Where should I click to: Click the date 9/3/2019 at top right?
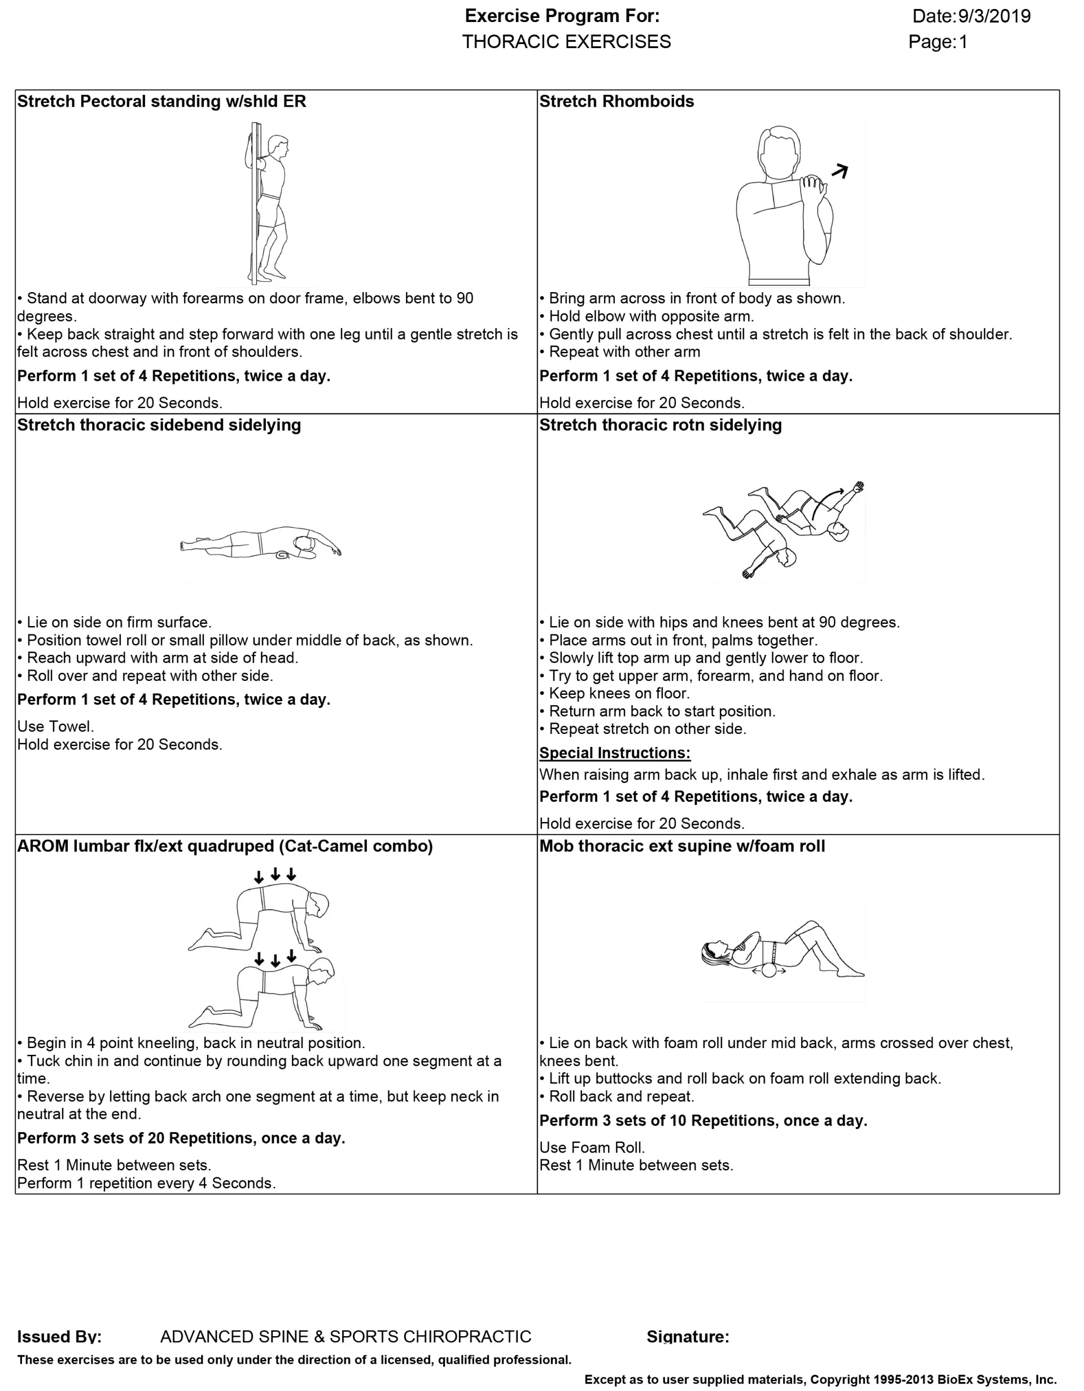(x=994, y=16)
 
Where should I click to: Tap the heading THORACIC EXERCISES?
(x=566, y=42)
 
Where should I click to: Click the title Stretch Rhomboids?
(x=616, y=101)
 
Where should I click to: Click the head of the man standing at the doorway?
(x=278, y=146)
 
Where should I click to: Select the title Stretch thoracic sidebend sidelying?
(x=159, y=425)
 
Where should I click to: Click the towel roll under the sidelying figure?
(x=282, y=555)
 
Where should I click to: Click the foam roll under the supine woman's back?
(x=769, y=971)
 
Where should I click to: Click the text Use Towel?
(x=55, y=727)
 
